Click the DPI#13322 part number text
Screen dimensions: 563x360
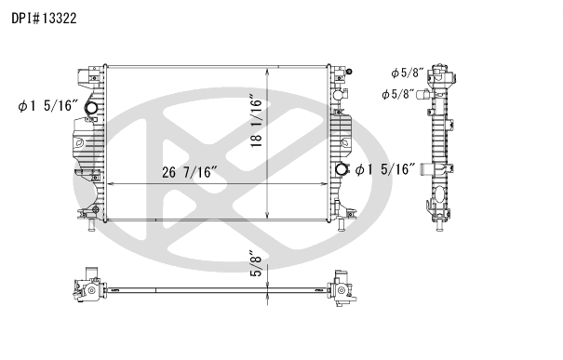[44, 18]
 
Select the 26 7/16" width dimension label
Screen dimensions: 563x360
[190, 172]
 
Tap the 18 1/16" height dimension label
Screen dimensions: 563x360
[257, 121]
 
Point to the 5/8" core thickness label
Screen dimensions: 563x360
[258, 264]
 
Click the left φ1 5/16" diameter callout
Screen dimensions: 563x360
[47, 106]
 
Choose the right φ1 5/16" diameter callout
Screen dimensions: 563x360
[385, 169]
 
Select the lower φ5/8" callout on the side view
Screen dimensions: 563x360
[398, 94]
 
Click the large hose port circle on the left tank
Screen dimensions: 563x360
[91, 108]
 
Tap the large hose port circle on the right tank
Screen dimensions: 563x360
[342, 169]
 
